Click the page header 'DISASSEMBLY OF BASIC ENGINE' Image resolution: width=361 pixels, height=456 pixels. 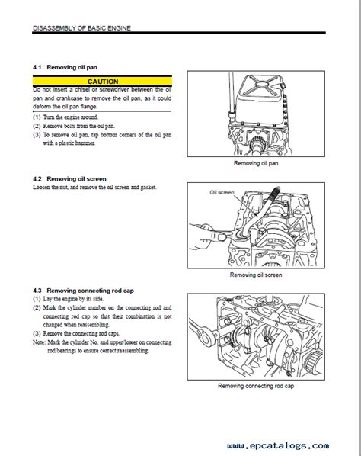click(x=82, y=28)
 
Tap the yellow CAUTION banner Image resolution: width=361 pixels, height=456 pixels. click(x=102, y=81)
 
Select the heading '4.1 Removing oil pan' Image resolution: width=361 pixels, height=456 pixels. click(x=65, y=67)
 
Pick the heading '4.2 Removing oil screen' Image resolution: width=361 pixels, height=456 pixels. click(x=69, y=179)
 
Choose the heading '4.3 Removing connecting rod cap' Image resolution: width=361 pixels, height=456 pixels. click(x=83, y=291)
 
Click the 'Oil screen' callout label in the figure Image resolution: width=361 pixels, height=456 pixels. click(x=222, y=192)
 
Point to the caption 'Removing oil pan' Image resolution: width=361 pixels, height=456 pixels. click(x=256, y=163)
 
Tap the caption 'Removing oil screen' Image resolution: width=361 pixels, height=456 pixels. click(x=256, y=275)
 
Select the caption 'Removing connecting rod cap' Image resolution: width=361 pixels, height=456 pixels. click(x=256, y=386)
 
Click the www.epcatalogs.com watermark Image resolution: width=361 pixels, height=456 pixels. click(x=278, y=445)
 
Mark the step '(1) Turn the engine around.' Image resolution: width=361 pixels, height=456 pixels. click(x=65, y=117)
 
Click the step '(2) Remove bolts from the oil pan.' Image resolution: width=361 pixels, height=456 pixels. click(x=74, y=126)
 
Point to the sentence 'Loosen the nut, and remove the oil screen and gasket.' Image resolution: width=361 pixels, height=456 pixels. click(x=94, y=187)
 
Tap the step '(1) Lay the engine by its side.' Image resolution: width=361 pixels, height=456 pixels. click(x=69, y=299)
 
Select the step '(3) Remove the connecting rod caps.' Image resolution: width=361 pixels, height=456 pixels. click(x=76, y=333)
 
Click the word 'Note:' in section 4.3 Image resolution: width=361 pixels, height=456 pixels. click(x=39, y=342)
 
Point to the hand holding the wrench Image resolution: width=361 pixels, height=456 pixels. click(x=208, y=236)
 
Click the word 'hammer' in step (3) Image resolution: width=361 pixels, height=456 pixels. click(x=85, y=143)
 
